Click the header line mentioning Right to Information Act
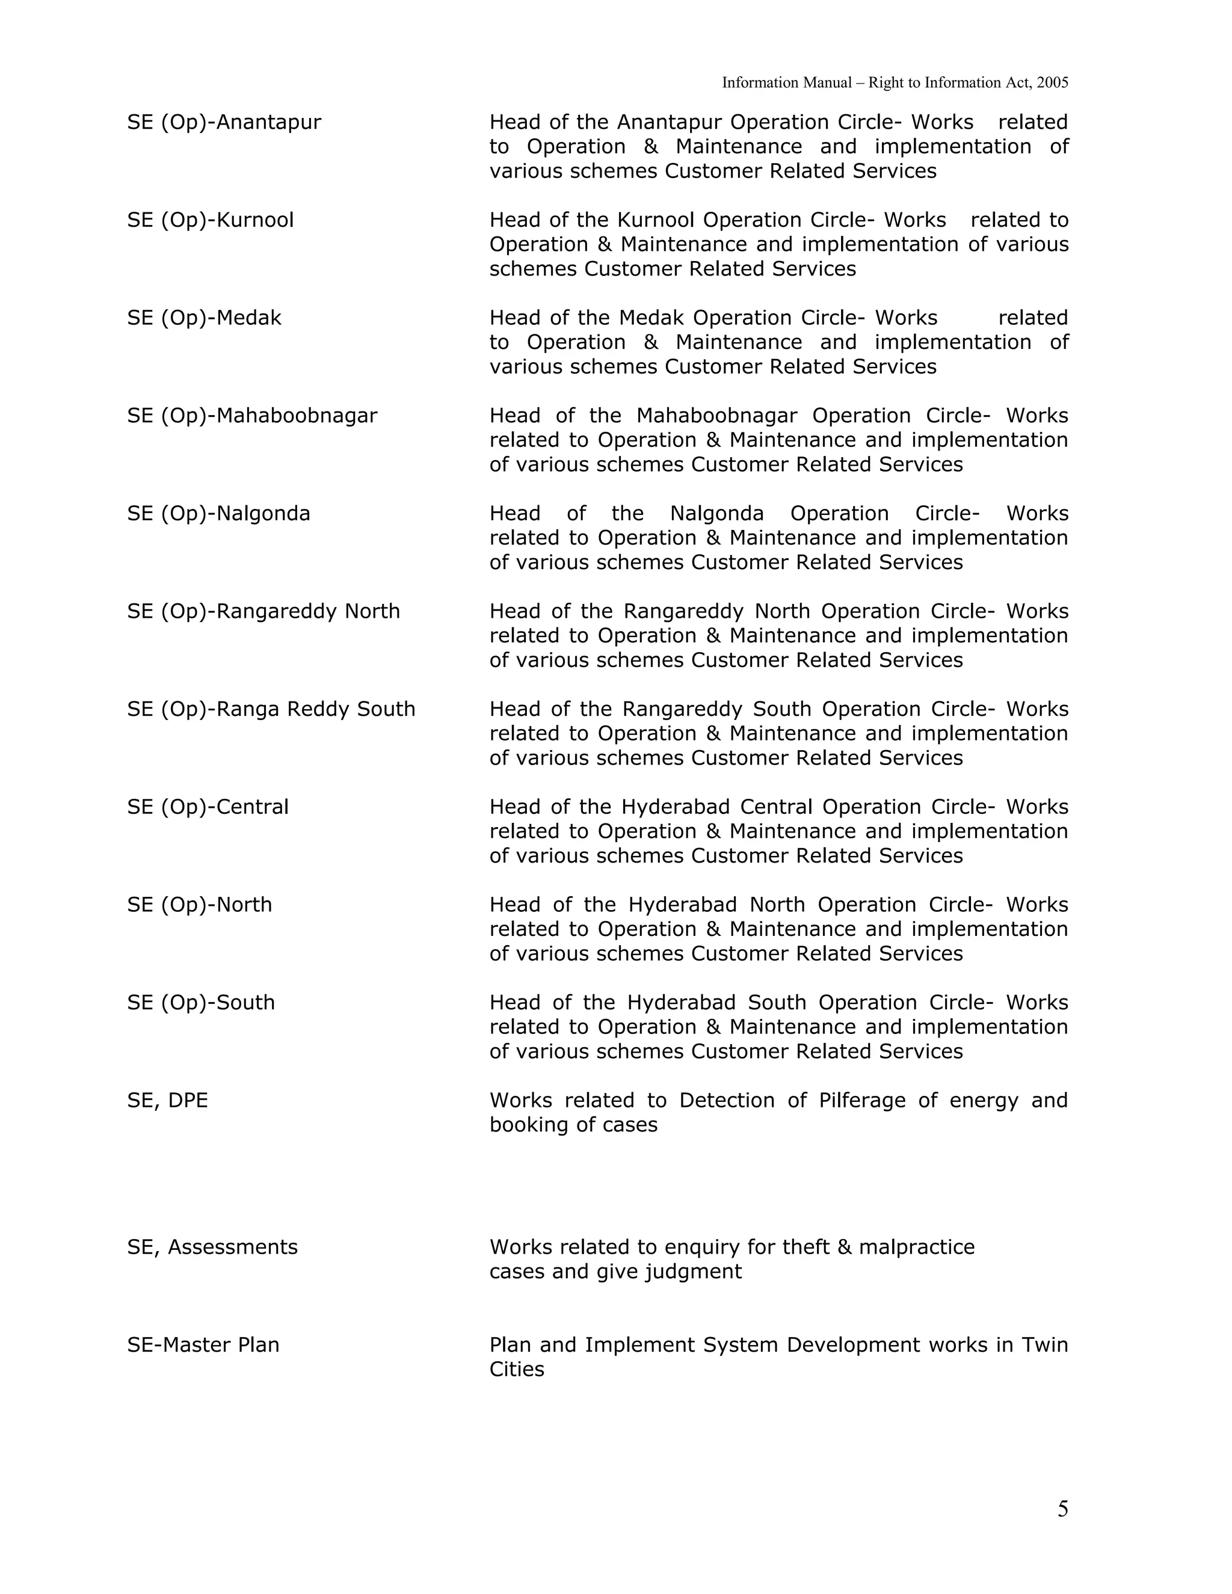[x=895, y=82]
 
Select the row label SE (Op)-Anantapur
[x=224, y=122]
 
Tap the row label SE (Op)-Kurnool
[x=210, y=220]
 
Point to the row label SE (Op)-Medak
[x=205, y=318]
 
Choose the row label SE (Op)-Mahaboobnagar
[x=252, y=415]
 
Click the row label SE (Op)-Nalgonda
[x=218, y=513]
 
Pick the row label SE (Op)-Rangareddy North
[x=263, y=611]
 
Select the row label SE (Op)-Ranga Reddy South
[x=271, y=709]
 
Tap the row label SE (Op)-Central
[x=208, y=807]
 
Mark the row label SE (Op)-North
[x=199, y=904]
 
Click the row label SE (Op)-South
[x=201, y=1002]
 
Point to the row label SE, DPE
[x=167, y=1100]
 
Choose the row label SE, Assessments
[x=212, y=1246]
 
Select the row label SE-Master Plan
[x=203, y=1344]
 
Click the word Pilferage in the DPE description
[x=862, y=1100]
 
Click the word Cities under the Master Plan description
[x=517, y=1369]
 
